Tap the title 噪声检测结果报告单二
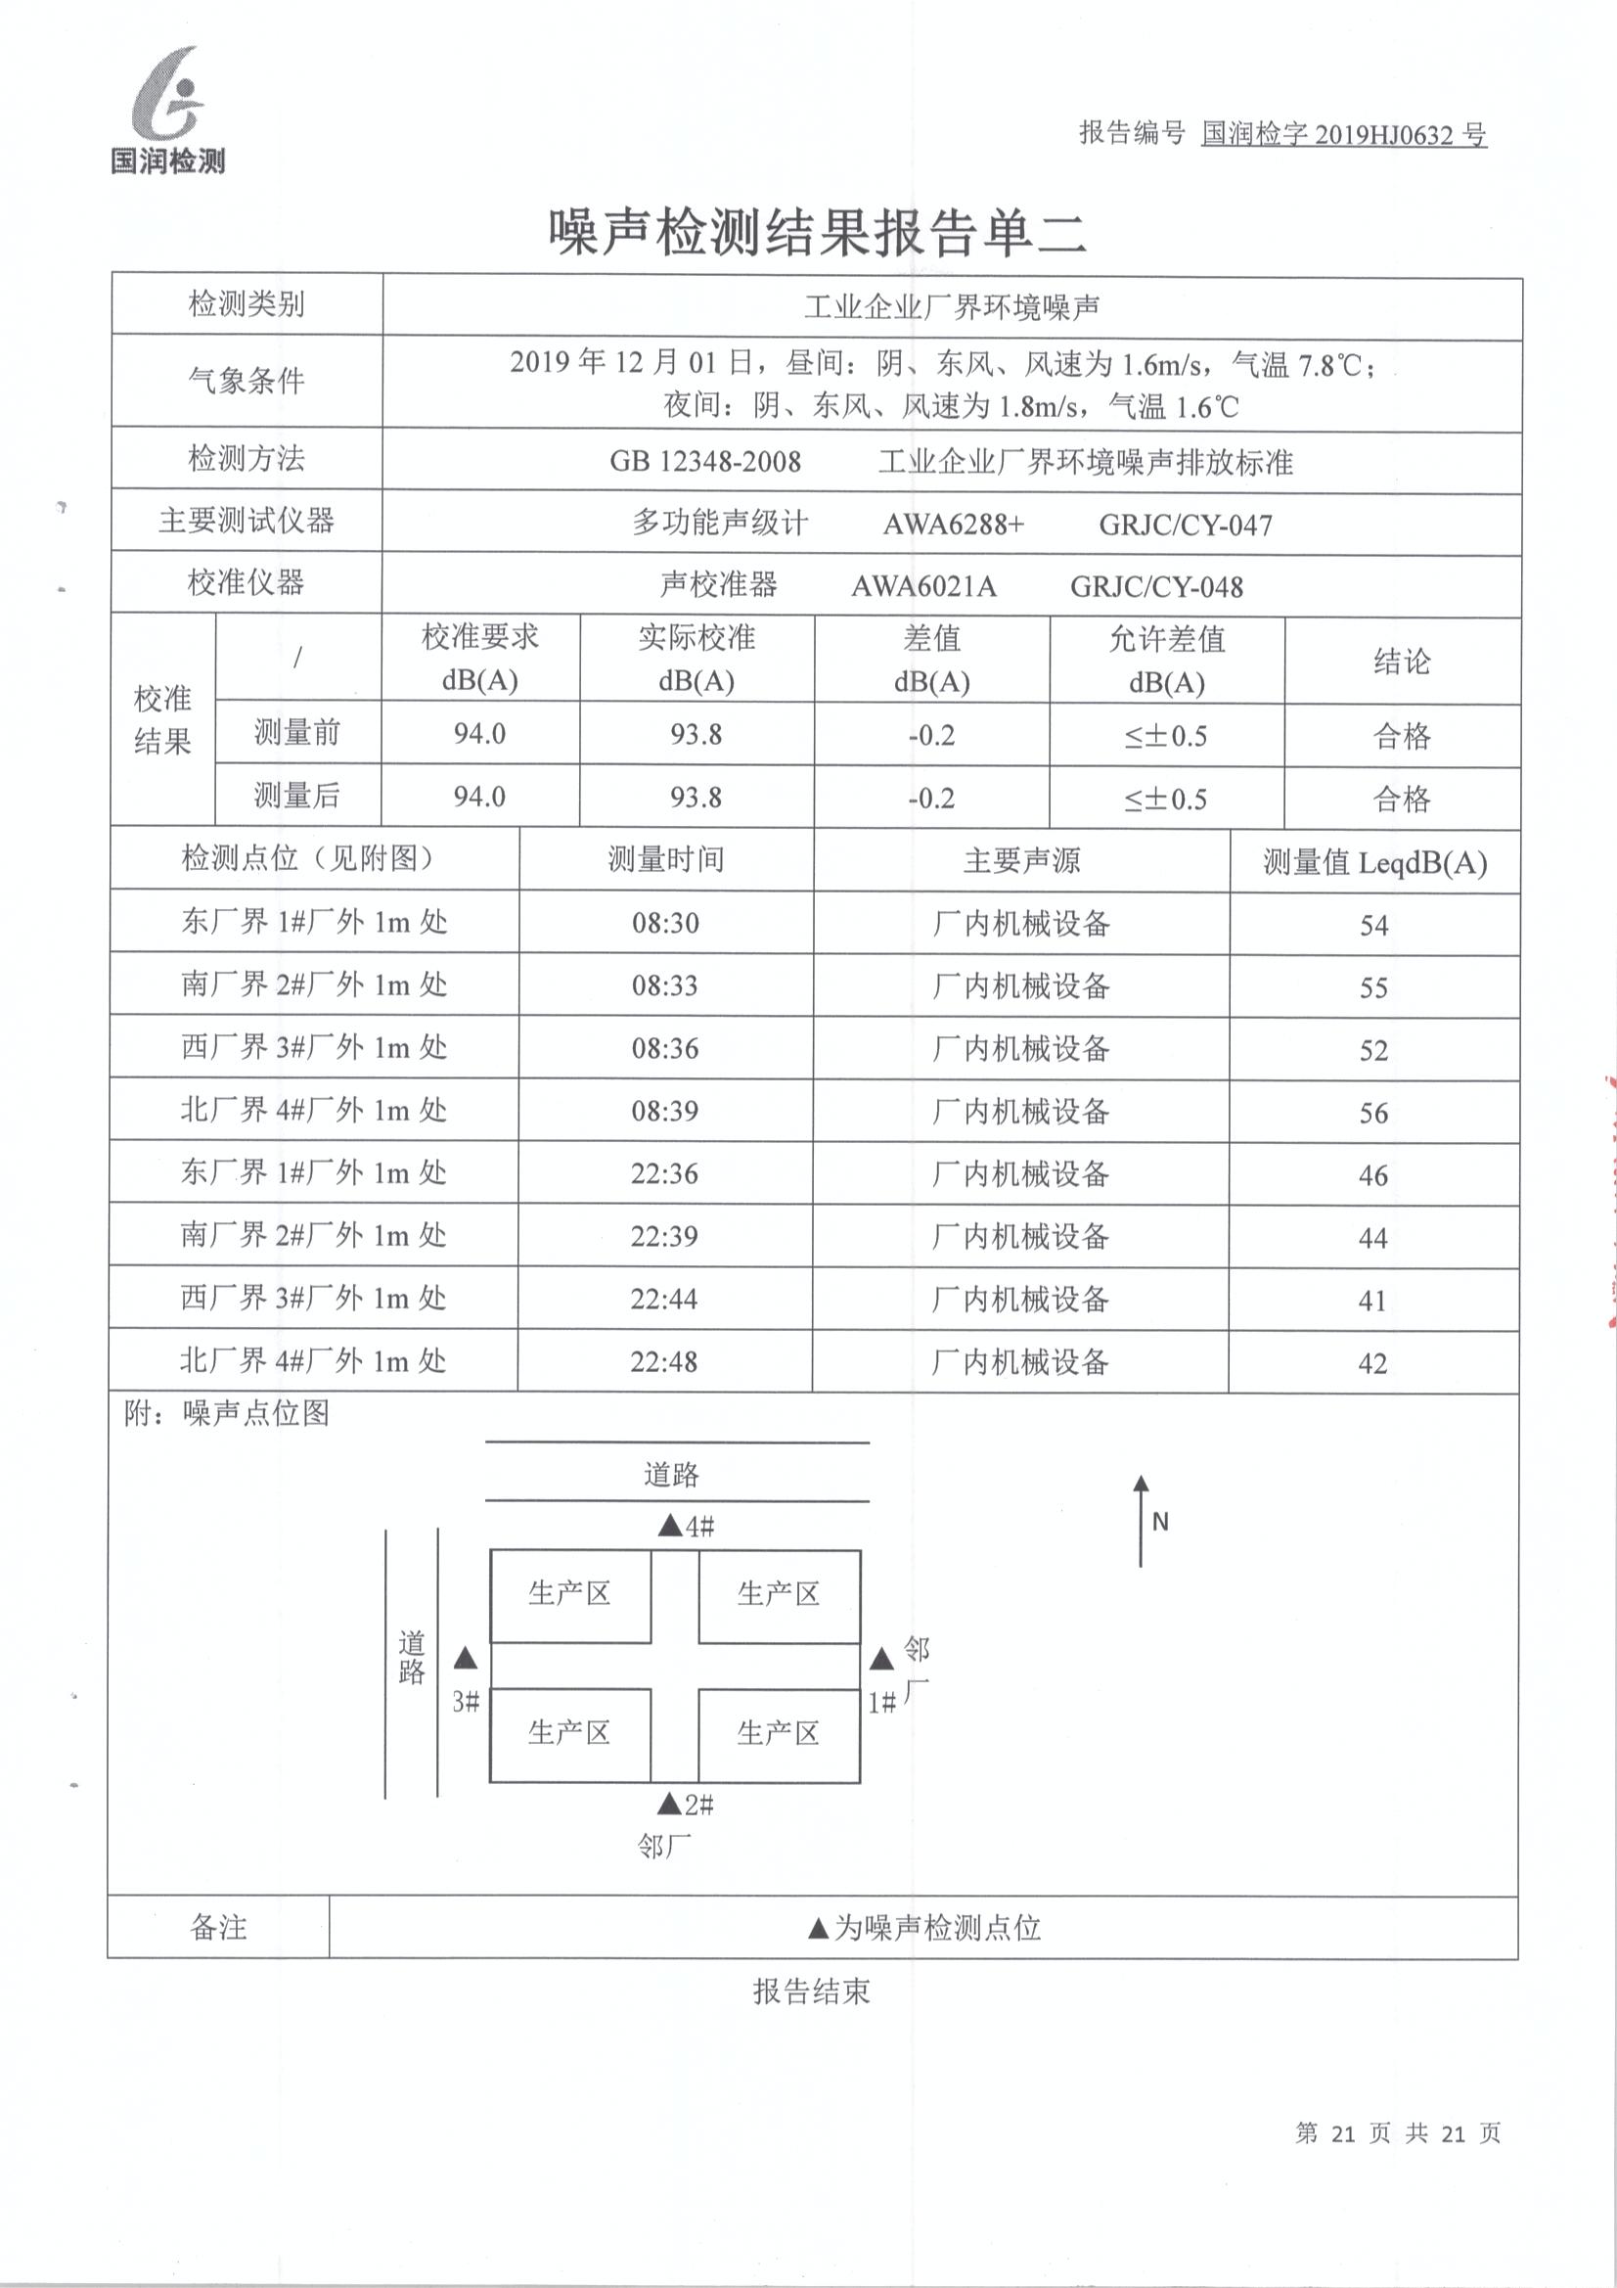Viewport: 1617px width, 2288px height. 816,233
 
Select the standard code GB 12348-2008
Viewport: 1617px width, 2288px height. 705,461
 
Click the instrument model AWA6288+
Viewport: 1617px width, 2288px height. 953,525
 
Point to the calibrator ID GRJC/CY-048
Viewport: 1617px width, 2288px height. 1155,587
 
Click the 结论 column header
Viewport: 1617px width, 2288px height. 1401,661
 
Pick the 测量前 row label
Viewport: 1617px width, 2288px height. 297,733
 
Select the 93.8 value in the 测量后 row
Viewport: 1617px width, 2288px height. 696,798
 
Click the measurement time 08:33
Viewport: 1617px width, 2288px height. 664,985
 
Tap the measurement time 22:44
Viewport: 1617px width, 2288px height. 663,1299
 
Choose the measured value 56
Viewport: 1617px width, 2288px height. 1372,1113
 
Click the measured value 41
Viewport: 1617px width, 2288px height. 1371,1301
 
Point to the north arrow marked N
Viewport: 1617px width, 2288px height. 1142,1521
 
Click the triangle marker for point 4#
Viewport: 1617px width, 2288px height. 670,1526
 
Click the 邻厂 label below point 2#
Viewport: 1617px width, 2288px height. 663,1847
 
